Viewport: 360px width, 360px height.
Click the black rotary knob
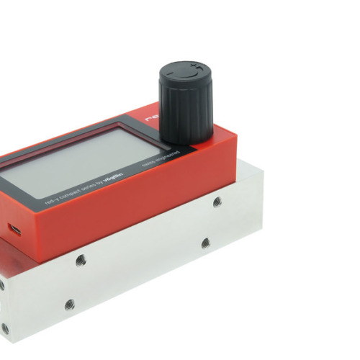[186, 101]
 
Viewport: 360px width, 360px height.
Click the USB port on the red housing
[14, 230]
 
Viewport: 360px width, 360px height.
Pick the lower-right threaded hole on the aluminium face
[205, 243]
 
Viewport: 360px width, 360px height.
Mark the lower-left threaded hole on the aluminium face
[69, 305]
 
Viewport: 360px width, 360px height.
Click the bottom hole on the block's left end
[6, 328]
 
